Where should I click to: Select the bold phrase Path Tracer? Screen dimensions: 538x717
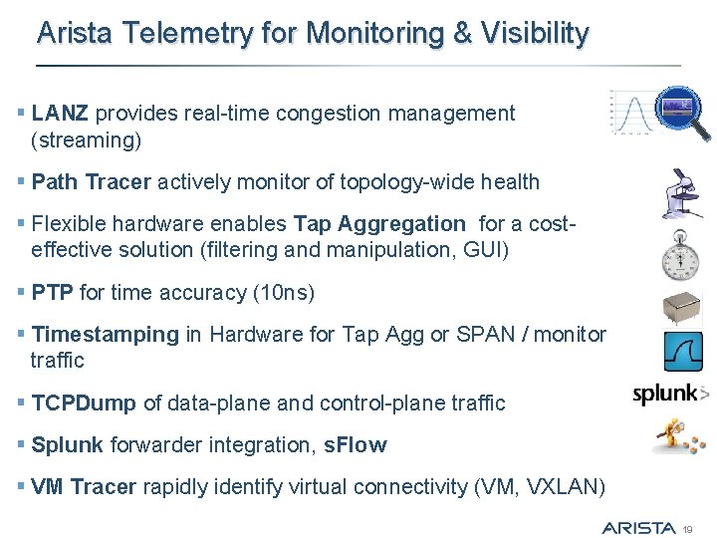(92, 182)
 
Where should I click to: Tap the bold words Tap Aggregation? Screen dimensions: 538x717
(378, 223)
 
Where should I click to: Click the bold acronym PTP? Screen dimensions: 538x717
(53, 293)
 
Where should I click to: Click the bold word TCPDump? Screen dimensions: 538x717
(85, 403)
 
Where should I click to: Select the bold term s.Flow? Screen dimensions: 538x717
(356, 445)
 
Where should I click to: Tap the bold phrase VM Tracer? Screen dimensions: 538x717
(84, 487)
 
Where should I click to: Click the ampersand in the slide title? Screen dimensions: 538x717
(462, 34)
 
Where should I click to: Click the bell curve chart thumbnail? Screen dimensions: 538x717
(628, 113)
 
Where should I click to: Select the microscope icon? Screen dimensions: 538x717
(683, 193)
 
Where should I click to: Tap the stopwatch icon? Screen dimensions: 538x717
(683, 257)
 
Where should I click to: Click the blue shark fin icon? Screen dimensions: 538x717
(683, 352)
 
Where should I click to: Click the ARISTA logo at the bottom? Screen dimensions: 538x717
(638, 526)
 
